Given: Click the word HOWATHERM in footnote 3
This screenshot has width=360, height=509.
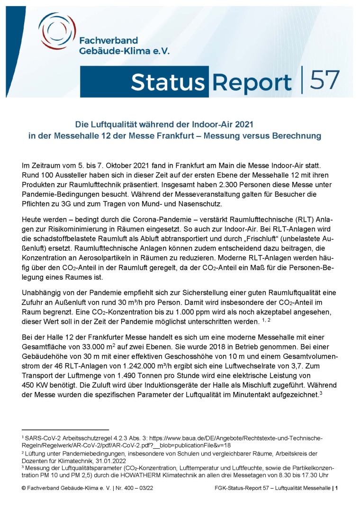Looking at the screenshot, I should click(x=183, y=474).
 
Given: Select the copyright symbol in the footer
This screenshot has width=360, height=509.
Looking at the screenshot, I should click(x=24, y=488).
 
